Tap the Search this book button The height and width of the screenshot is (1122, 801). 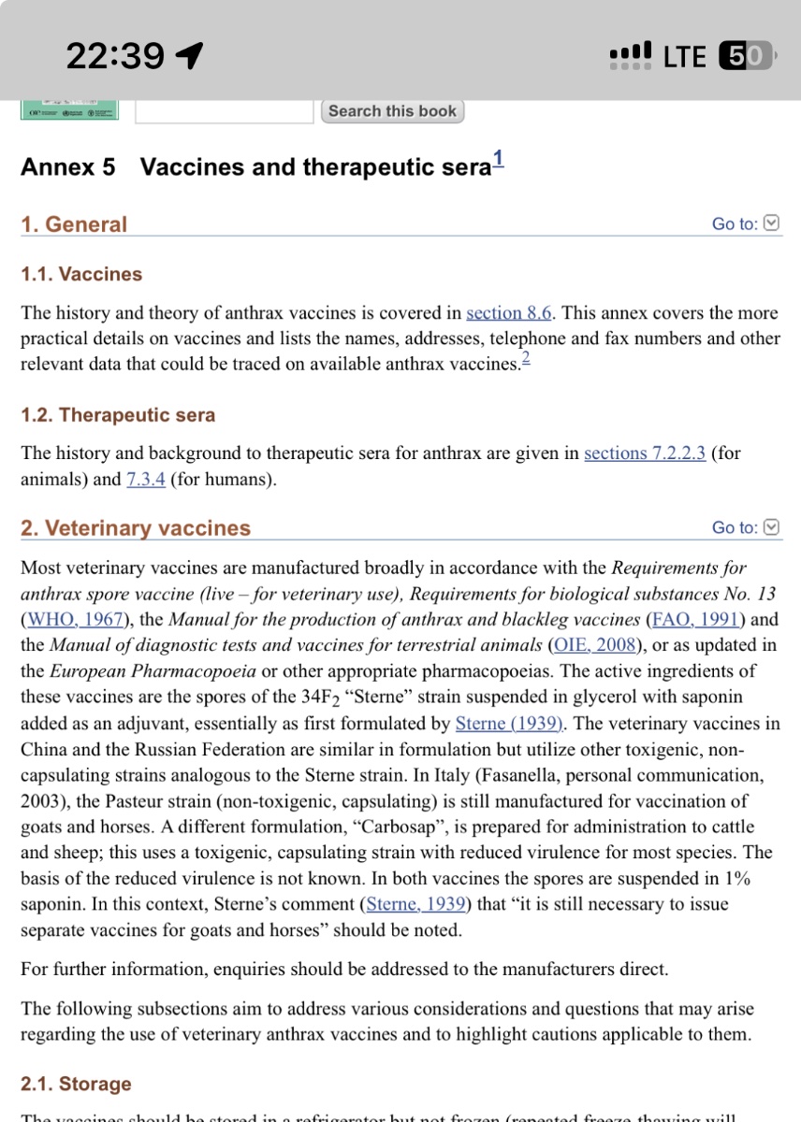point(393,111)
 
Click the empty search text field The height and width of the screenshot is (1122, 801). point(224,111)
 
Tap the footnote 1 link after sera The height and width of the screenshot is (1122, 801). point(498,159)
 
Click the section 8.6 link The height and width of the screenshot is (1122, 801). point(508,313)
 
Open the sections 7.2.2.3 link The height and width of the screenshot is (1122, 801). point(645,453)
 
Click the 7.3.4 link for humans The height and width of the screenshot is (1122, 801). point(146,480)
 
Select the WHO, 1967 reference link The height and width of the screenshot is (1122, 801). point(80,619)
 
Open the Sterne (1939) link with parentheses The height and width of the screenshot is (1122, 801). point(509,724)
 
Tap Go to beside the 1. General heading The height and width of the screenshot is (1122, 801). point(745,223)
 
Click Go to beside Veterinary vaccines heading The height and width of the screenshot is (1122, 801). point(745,527)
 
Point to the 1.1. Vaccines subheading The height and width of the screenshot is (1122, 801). point(81,274)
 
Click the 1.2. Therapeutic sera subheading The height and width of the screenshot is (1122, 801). point(118,415)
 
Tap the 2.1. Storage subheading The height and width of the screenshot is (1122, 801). point(76,1085)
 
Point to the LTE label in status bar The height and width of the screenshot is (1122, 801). point(684,56)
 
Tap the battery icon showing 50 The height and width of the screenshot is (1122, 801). point(745,56)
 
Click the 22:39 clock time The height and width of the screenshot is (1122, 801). point(115,57)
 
